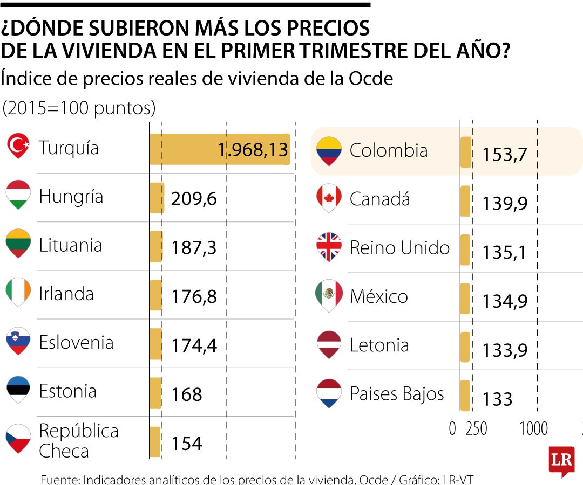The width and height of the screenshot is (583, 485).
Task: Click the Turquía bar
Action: [x=219, y=149]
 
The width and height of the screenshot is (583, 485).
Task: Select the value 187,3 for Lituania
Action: [x=194, y=248]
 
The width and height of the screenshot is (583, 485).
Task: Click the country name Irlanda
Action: [x=66, y=294]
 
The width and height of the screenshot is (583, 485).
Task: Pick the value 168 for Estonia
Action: [x=187, y=394]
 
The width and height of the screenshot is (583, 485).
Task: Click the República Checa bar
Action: [x=155, y=442]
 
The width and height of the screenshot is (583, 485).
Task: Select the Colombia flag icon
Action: [x=329, y=150]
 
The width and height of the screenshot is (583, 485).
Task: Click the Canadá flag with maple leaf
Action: [x=329, y=198]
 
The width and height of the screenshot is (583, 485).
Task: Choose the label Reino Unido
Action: [x=399, y=248]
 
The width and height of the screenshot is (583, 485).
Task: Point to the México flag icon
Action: [x=329, y=295]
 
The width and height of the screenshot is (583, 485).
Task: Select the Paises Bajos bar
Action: [x=464, y=395]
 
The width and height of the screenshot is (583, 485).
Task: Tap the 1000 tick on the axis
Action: [x=533, y=429]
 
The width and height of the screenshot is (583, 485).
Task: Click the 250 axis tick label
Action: [x=476, y=429]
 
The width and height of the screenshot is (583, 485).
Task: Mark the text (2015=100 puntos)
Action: [x=79, y=109]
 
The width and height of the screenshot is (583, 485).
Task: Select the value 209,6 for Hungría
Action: [x=194, y=199]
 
